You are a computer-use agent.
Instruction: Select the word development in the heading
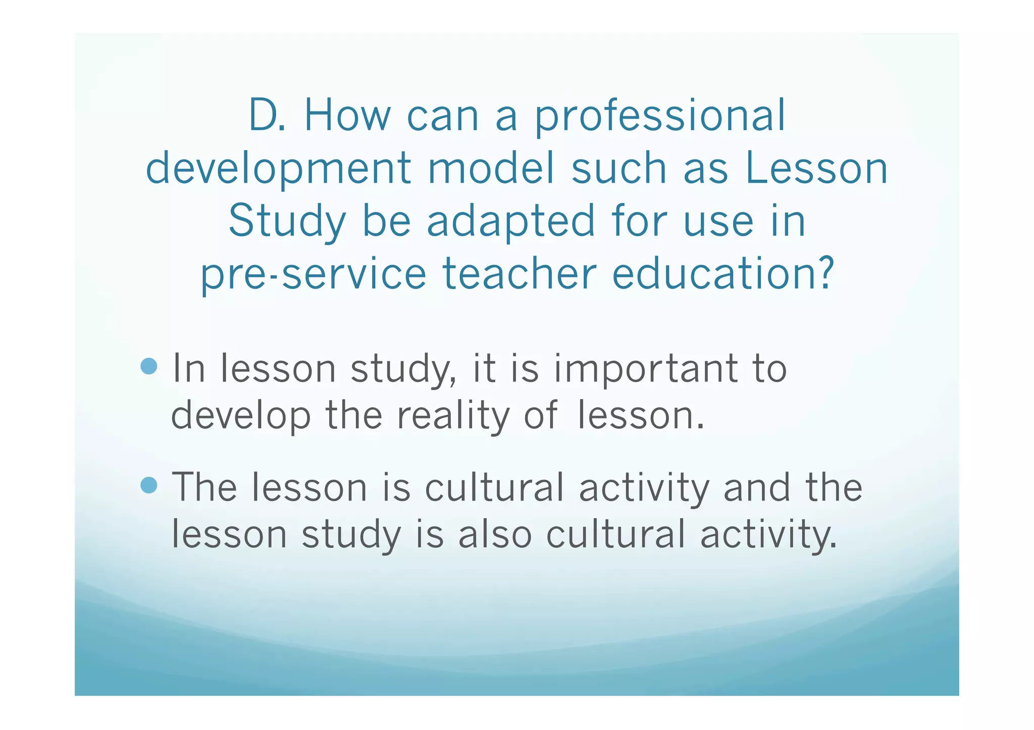click(x=278, y=169)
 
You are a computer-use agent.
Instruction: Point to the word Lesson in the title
click(x=816, y=169)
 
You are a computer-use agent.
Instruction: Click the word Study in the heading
click(x=287, y=222)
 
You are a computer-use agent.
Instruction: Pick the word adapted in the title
click(x=510, y=222)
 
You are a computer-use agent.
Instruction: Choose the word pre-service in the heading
click(x=313, y=275)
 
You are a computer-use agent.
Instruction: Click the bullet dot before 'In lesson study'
click(x=149, y=366)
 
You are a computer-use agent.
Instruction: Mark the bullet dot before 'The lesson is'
click(x=149, y=485)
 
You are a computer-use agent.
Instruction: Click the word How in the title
click(x=347, y=116)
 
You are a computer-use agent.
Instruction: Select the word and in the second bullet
click(x=756, y=487)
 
